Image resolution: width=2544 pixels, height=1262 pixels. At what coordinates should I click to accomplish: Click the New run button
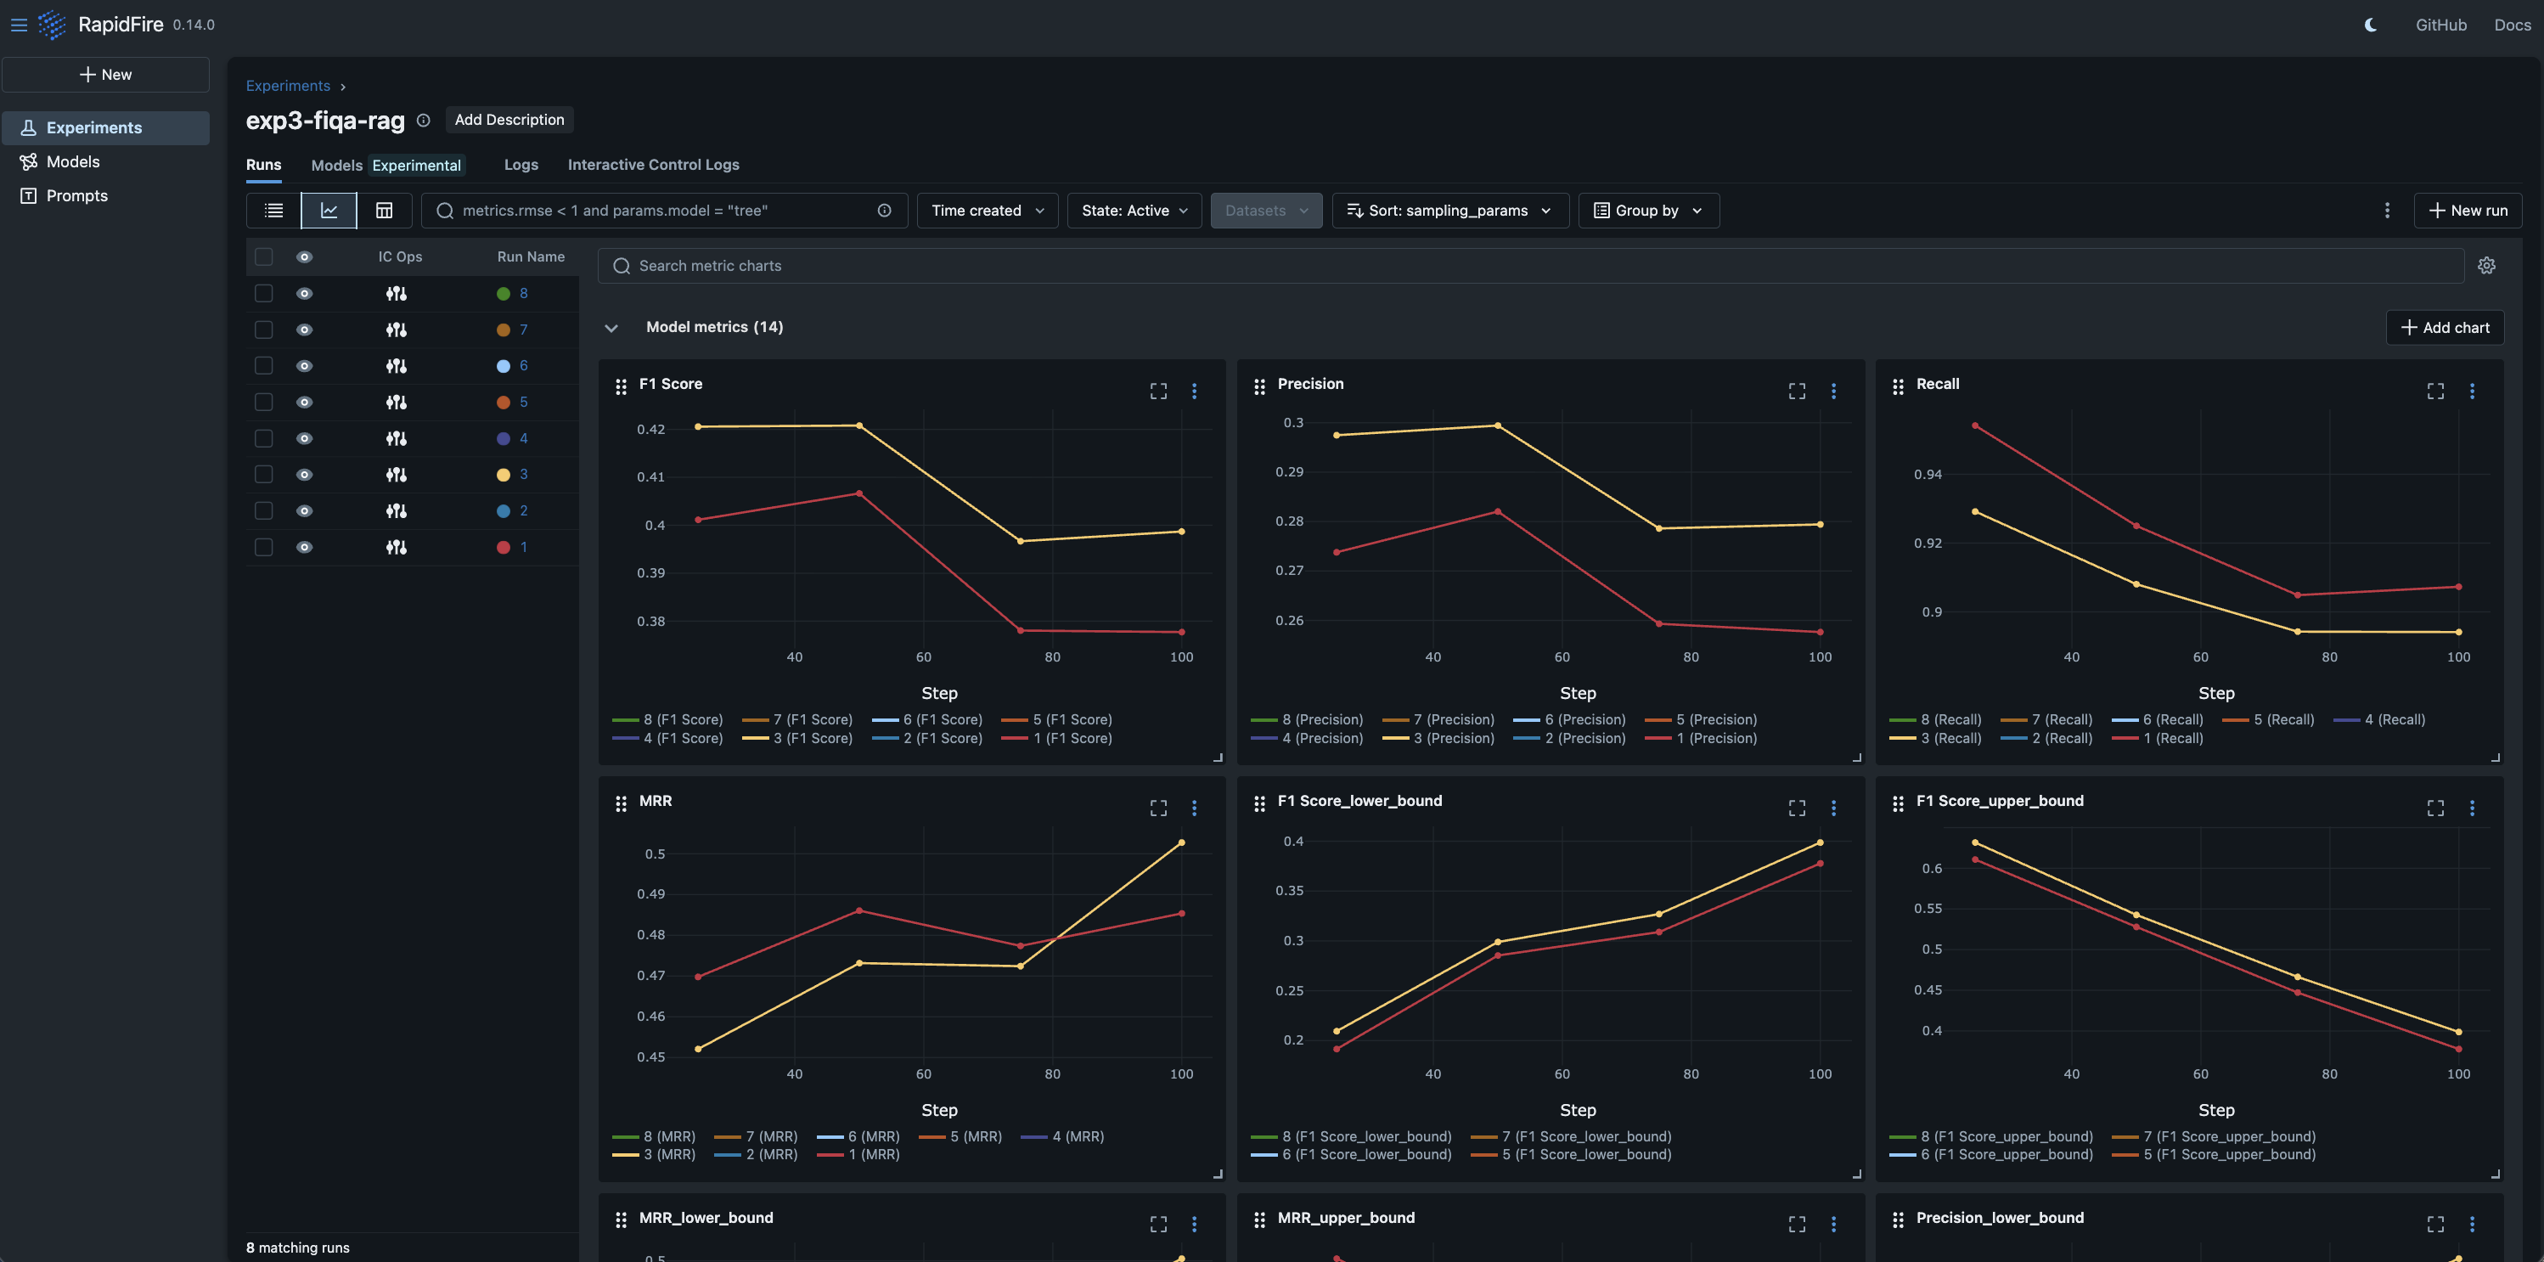[2467, 211]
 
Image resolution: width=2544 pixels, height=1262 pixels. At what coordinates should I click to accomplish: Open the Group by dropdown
[1647, 211]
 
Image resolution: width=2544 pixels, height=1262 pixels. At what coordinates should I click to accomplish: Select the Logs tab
[521, 165]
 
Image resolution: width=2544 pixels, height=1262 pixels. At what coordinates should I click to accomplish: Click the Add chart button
[2445, 327]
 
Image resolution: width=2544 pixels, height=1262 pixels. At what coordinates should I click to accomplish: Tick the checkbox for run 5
[264, 402]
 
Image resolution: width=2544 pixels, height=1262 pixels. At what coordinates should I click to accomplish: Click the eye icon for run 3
[304, 475]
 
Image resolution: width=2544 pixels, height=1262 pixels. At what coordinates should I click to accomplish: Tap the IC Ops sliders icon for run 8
[396, 293]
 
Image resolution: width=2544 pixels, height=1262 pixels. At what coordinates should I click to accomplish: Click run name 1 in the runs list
[523, 547]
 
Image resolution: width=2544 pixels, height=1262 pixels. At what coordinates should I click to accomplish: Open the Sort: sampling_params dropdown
[1449, 211]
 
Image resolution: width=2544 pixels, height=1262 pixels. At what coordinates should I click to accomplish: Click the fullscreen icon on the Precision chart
[1797, 391]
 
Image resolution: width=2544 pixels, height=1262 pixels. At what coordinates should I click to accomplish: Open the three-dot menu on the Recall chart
[2472, 391]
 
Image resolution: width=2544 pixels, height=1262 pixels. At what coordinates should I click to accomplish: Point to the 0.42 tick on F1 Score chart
[650, 430]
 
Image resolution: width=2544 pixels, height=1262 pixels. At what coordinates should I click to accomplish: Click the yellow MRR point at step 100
[1181, 842]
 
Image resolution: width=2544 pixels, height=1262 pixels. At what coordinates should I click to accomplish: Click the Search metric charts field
[1531, 266]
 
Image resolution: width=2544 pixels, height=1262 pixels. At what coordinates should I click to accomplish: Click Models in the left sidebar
[73, 162]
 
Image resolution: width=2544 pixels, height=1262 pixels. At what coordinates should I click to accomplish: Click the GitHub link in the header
[2440, 25]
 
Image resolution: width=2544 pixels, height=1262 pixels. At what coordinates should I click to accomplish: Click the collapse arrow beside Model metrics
[611, 328]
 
